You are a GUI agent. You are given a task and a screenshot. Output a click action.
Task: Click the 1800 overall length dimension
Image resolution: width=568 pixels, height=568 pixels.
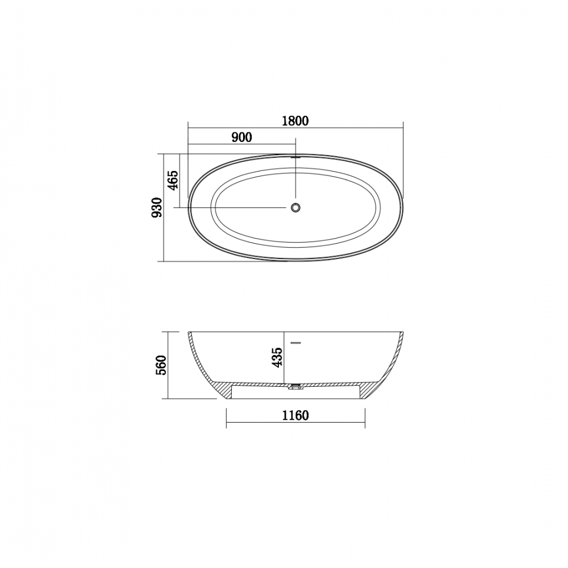[x=295, y=120]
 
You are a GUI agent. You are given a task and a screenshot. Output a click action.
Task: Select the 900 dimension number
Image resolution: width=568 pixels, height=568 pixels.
[x=241, y=137]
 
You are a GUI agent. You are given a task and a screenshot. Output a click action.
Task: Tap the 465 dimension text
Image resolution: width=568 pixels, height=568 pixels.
[x=173, y=180]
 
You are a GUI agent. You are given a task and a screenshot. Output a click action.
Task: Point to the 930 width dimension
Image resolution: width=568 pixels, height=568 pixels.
[x=157, y=207]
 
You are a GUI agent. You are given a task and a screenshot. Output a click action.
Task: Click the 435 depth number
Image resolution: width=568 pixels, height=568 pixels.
[x=278, y=357]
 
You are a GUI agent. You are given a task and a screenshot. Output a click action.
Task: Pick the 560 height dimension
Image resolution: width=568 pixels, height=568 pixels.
[x=161, y=365]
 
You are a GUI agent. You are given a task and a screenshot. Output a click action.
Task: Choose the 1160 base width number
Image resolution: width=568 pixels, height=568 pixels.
[x=295, y=416]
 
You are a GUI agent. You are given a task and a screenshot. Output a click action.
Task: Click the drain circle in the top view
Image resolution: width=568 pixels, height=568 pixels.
[x=295, y=207]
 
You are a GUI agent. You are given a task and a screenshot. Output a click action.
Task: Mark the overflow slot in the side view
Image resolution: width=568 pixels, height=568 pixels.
[x=296, y=342]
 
